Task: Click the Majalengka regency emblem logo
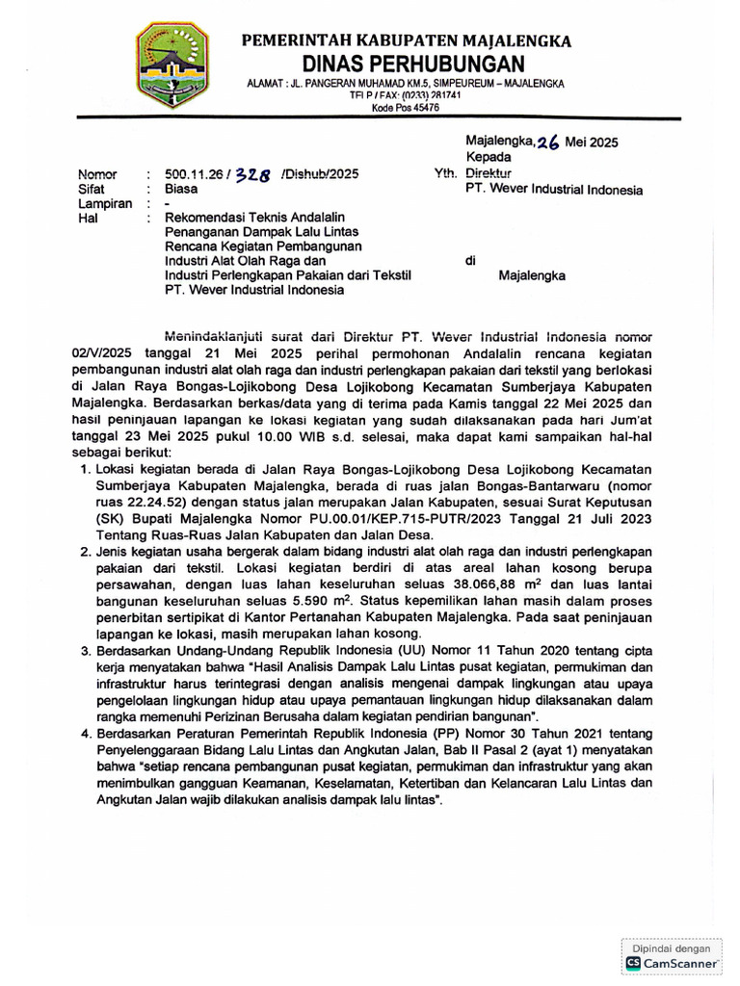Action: pos(173,65)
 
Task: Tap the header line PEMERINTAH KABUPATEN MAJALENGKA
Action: pos(406,40)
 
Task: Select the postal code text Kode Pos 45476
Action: pos(406,109)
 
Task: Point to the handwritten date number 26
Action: pos(549,142)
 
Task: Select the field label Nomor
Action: pos(97,174)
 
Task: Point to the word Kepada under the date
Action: pos(489,157)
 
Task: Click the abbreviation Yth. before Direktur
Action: pos(445,173)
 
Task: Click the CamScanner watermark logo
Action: pos(672,961)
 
